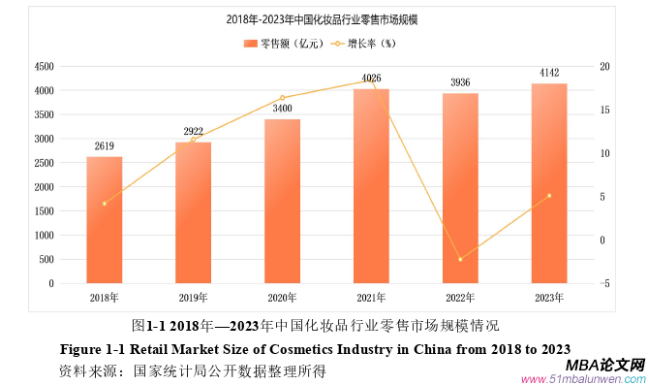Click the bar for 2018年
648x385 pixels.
coord(104,220)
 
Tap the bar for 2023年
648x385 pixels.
coord(549,183)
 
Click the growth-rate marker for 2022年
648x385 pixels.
coord(460,259)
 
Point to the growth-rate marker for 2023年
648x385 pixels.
coord(549,196)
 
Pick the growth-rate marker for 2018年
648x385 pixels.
coord(104,204)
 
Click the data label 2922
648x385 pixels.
coord(193,131)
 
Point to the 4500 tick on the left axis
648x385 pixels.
coord(43,66)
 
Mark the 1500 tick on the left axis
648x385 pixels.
coord(43,211)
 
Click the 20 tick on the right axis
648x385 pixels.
coord(605,66)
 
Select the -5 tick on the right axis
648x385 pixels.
coord(604,283)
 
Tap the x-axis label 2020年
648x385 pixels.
coord(282,298)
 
